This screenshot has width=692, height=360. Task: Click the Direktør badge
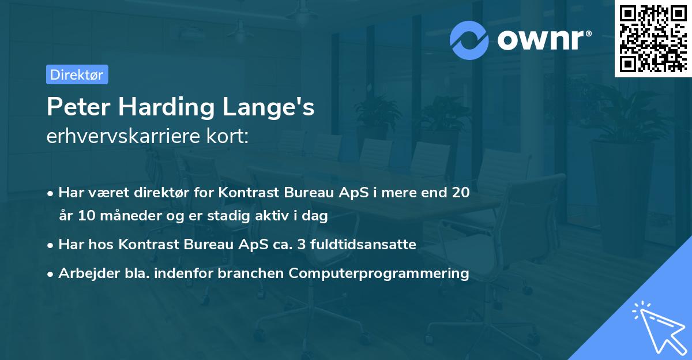click(x=77, y=74)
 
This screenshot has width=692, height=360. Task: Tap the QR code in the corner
click(x=653, y=38)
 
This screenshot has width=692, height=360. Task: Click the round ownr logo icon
click(x=469, y=40)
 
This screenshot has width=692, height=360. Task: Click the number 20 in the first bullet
click(x=461, y=193)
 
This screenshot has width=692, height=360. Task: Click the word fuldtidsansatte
click(x=363, y=245)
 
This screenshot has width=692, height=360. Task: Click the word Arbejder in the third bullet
click(x=82, y=273)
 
